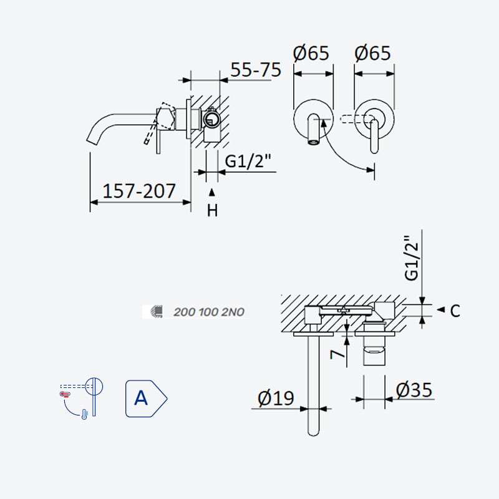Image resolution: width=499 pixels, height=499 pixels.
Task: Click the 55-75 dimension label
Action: (x=256, y=69)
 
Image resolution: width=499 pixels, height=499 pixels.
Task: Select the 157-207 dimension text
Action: (x=139, y=191)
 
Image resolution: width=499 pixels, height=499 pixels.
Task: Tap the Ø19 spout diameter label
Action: (x=276, y=398)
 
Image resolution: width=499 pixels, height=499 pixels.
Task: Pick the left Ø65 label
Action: (x=311, y=53)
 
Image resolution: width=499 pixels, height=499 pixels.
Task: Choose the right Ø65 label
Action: (x=372, y=53)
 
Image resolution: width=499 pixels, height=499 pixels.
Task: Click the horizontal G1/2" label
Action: (x=248, y=161)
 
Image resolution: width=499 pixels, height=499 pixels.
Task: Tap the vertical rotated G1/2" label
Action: (x=412, y=258)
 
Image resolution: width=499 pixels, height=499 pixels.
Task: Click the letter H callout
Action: (x=212, y=210)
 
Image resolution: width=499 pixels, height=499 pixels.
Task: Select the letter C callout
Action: (x=455, y=311)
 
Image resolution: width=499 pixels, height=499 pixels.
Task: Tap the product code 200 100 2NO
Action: (x=209, y=312)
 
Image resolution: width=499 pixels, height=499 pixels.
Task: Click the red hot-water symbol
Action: (x=65, y=394)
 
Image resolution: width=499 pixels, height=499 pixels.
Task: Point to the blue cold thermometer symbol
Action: (x=84, y=414)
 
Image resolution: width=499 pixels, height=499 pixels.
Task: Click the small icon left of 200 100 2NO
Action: (x=157, y=311)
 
